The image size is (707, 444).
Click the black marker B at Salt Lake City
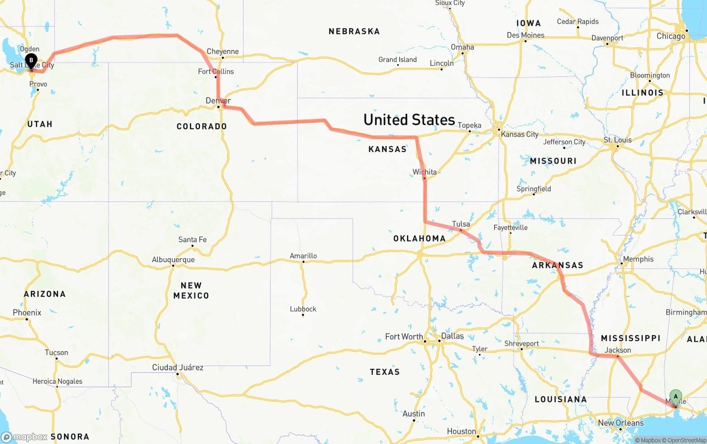31,60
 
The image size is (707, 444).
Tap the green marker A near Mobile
676,396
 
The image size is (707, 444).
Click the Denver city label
218,100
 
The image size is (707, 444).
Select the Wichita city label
424,172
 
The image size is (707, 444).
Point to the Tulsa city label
461,224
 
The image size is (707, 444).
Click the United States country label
409,119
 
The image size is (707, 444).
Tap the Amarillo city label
303,256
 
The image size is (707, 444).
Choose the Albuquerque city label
173,259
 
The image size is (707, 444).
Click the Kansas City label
520,134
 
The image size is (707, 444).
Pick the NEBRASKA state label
354,32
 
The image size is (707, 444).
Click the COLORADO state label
202,127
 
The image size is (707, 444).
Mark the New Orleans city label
621,423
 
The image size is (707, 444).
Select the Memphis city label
638,259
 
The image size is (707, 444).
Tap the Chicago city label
671,36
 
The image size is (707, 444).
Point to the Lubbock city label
303,309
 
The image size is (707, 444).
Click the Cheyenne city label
223,51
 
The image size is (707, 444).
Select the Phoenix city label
27,312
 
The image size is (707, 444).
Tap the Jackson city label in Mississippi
618,350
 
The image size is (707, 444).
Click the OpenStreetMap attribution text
687,440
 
